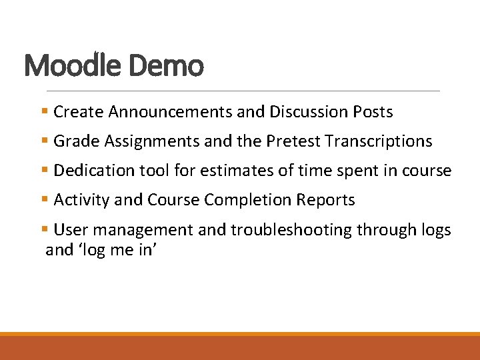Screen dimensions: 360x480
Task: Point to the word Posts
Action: [x=373, y=112]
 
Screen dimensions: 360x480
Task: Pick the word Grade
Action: [x=73, y=141]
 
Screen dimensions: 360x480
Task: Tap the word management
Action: [x=139, y=230]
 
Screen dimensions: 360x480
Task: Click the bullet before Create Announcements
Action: [x=44, y=112]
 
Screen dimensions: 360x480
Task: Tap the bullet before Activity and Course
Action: [x=44, y=200]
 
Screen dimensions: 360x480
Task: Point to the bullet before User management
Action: [x=44, y=230]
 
